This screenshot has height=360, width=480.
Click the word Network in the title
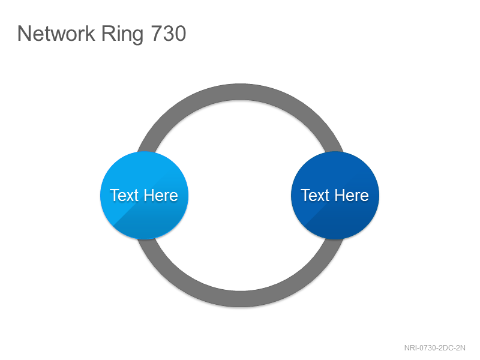click(56, 33)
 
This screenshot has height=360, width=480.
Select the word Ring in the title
click(122, 35)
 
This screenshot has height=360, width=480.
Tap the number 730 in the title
click(169, 34)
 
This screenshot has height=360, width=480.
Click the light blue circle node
click(144, 196)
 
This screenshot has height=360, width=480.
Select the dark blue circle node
click(335, 196)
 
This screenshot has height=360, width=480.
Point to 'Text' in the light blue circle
click(124, 196)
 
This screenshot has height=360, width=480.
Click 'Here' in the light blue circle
click(161, 196)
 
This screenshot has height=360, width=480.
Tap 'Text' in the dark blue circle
click(314, 196)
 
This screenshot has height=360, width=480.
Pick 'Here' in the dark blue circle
click(352, 196)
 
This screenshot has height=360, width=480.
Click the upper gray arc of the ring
click(241, 92)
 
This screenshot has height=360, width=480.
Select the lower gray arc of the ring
click(241, 299)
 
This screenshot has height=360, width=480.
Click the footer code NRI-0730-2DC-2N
click(434, 348)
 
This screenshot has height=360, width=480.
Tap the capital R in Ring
click(108, 34)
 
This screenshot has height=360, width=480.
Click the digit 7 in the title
click(157, 34)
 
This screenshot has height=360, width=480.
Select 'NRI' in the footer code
click(410, 348)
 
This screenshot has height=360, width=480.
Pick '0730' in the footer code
click(428, 348)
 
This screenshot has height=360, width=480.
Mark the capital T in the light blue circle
click(115, 196)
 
